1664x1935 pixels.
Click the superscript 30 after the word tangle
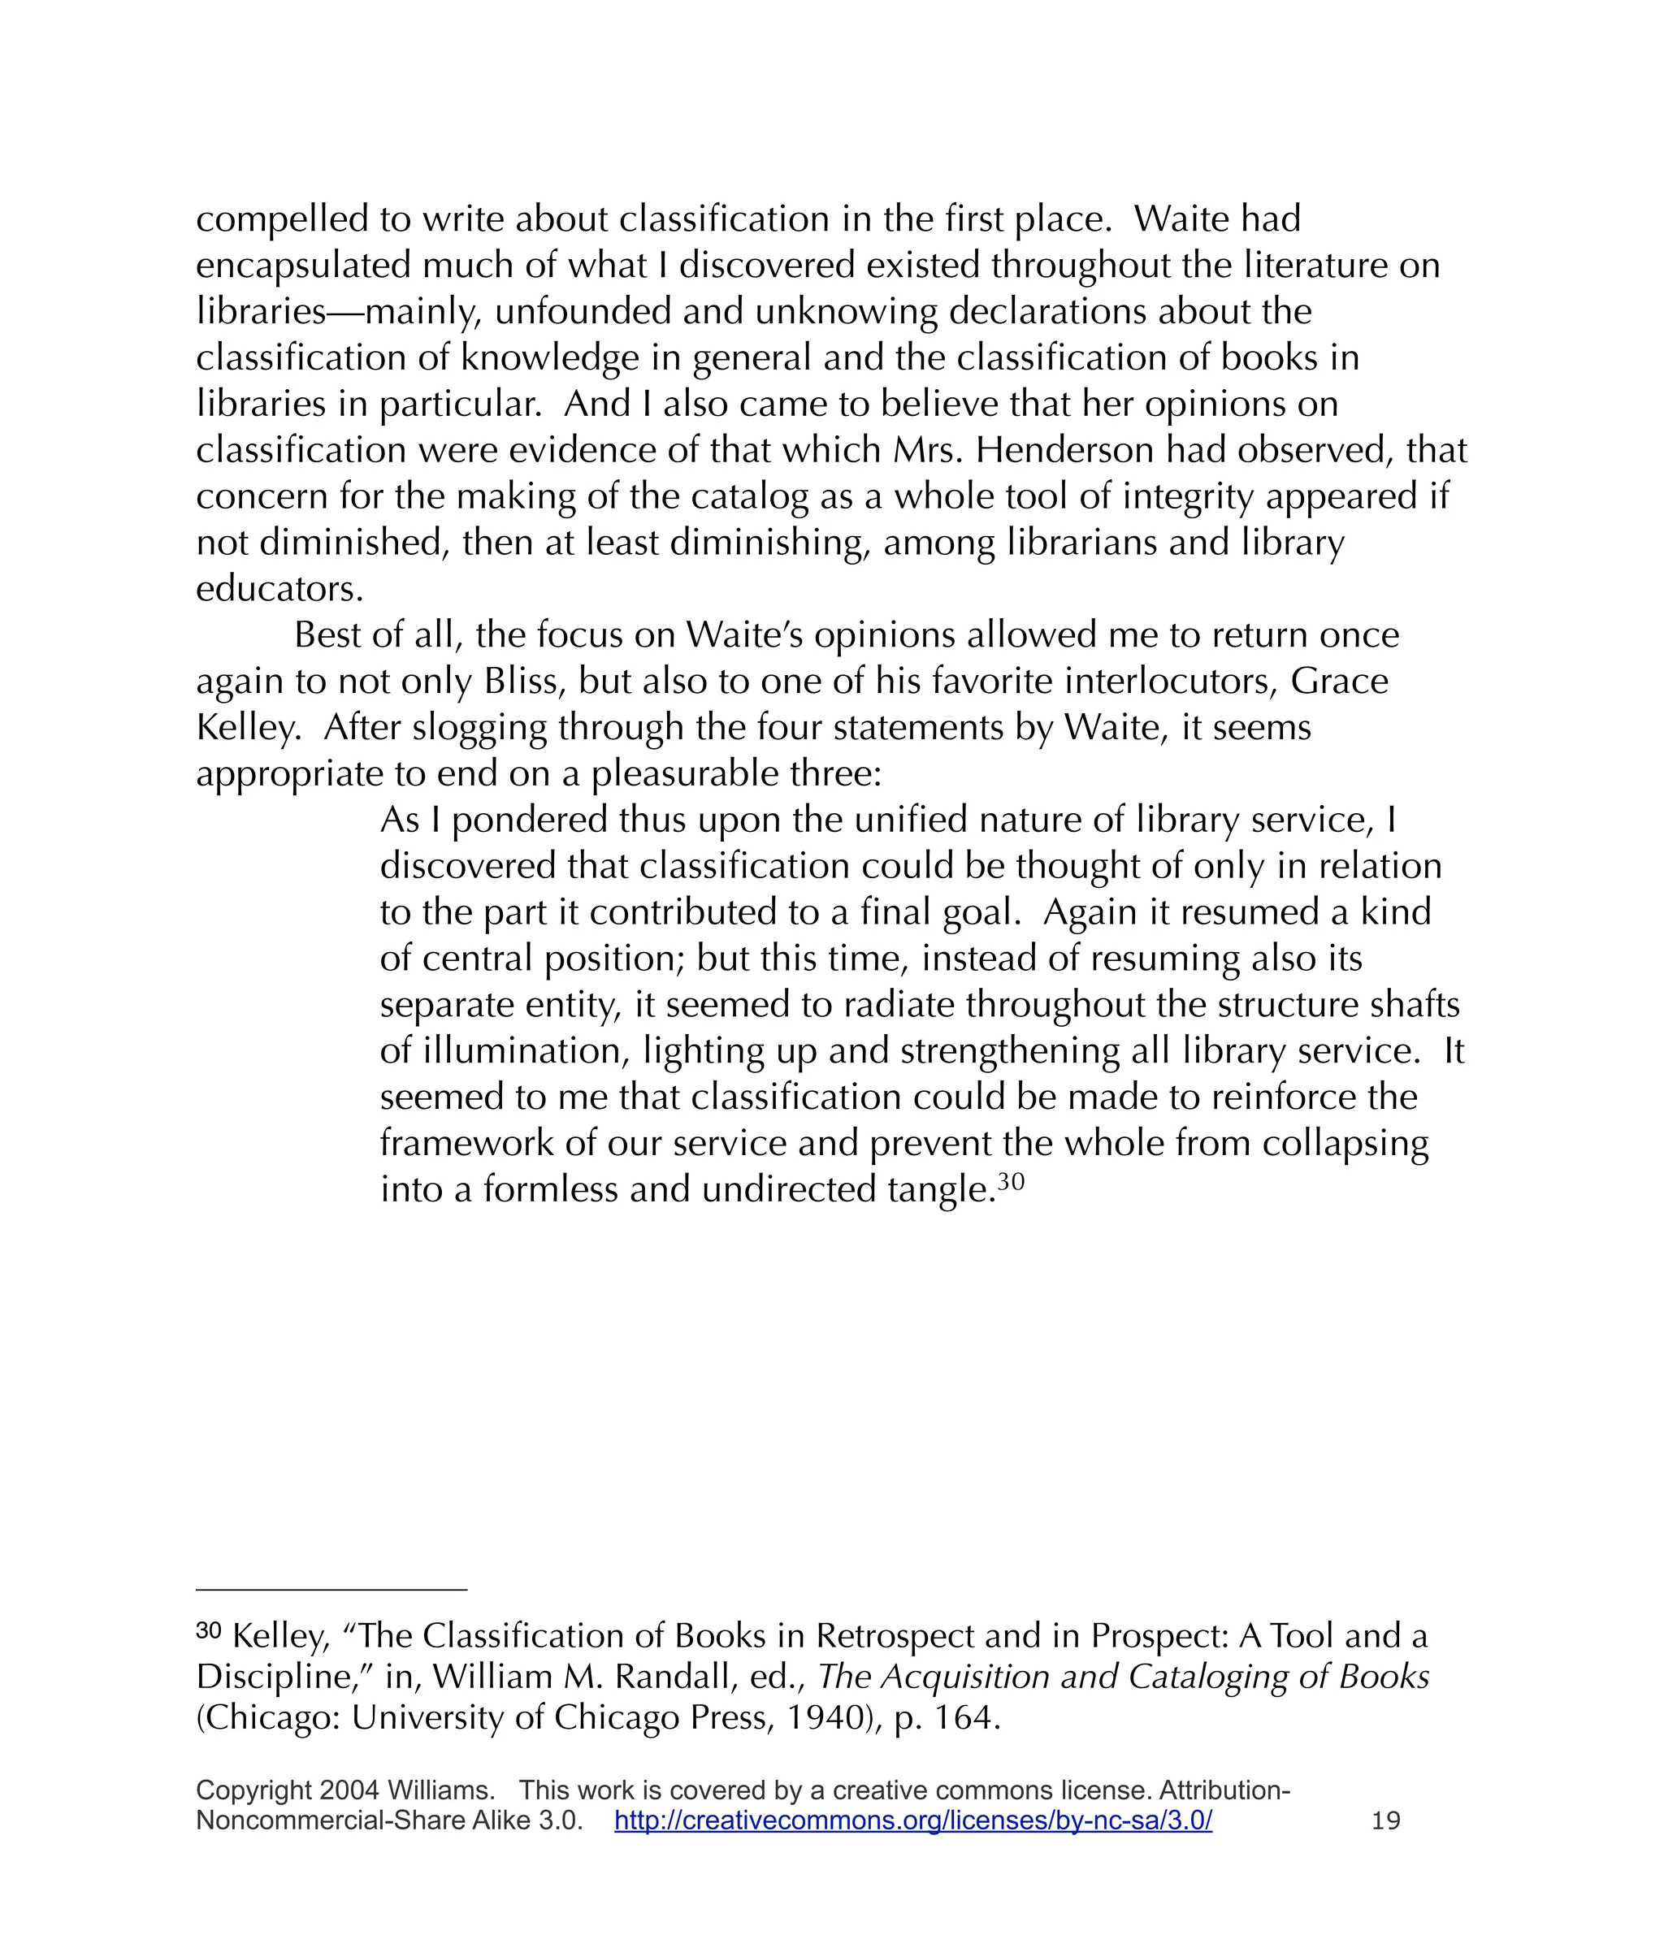pos(1011,1181)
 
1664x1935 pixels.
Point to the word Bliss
pos(524,681)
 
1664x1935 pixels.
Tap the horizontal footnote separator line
pos(331,1588)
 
